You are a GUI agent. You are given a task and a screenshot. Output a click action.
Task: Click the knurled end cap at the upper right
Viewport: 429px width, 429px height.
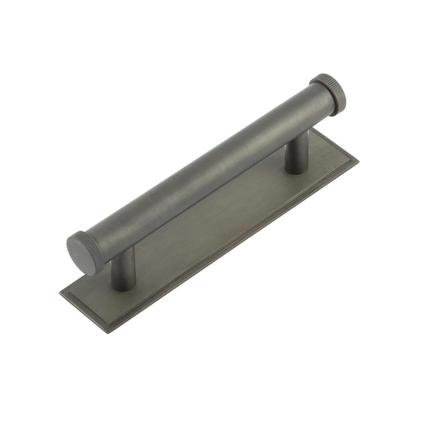click(329, 94)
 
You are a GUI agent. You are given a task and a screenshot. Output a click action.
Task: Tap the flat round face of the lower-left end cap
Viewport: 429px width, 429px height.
click(79, 255)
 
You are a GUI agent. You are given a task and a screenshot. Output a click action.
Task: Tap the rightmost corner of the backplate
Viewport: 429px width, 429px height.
click(358, 160)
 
